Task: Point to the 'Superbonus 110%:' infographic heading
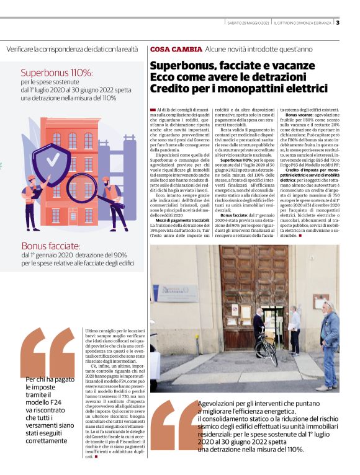pyautogui.click(x=56, y=73)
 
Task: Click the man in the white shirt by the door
pyautogui.click(x=294, y=328)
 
